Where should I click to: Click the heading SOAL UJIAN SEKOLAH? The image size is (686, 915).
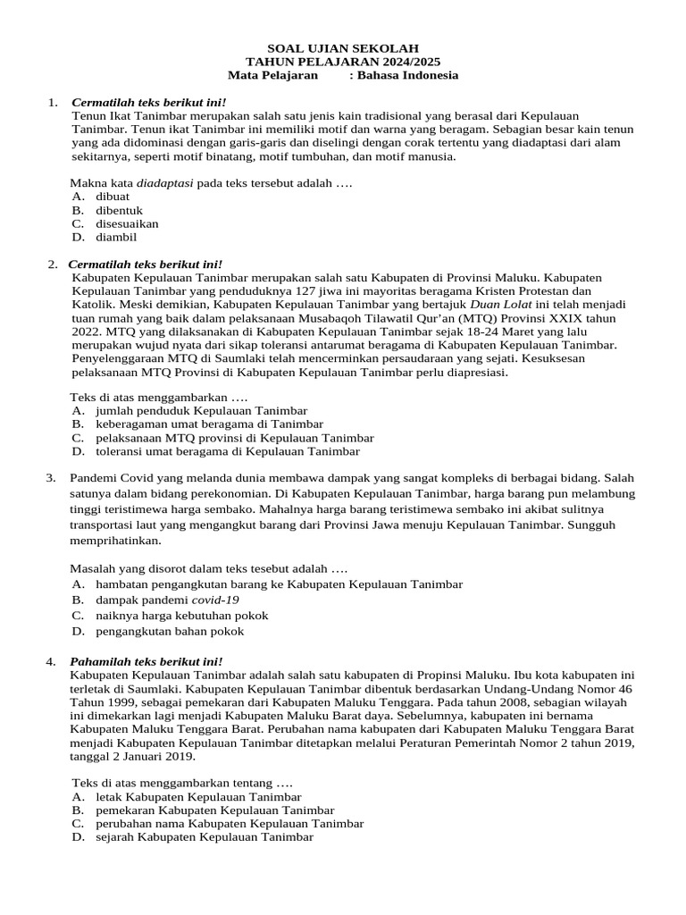(343, 48)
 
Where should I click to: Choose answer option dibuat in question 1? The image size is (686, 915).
(113, 196)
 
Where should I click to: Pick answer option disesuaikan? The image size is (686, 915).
(127, 223)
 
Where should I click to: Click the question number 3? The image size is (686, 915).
(51, 478)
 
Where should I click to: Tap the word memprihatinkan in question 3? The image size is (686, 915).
(116, 541)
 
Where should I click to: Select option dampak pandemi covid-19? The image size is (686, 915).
(167, 600)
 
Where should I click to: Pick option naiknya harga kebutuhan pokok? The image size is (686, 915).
(181, 615)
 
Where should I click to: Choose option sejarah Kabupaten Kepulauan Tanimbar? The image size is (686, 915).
(205, 837)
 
